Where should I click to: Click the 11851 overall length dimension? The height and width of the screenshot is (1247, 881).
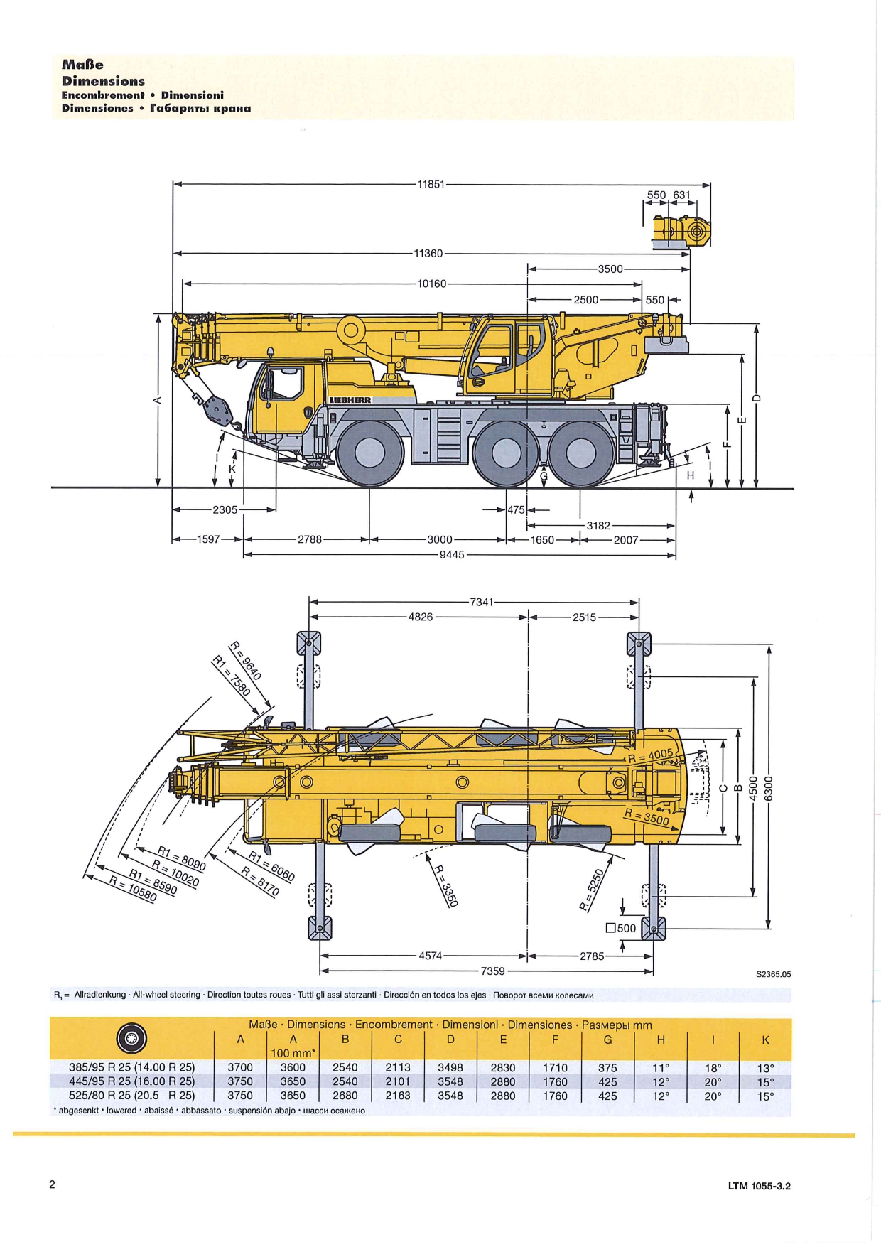431,184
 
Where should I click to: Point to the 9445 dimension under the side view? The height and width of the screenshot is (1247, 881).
452,555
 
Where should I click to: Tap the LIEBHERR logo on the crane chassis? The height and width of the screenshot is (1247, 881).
350,400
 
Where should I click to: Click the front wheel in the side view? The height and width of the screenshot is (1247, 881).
369,454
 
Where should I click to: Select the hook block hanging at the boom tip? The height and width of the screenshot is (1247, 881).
217,409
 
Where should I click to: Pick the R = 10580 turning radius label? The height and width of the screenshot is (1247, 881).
133,889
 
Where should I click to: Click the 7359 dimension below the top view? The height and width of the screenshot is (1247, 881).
493,971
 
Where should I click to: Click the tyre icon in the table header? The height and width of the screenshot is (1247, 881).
131,1039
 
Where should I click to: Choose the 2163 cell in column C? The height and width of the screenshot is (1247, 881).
398,1096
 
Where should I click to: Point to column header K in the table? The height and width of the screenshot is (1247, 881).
765,1040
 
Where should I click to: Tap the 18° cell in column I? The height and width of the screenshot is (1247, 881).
713,1068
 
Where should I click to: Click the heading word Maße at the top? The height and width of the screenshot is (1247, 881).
82,65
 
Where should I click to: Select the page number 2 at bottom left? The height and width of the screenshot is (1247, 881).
52,1184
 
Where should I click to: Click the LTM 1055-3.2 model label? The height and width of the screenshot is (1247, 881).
760,1186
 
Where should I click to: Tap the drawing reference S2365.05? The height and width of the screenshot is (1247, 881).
774,974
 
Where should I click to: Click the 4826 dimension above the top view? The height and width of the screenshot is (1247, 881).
421,617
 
